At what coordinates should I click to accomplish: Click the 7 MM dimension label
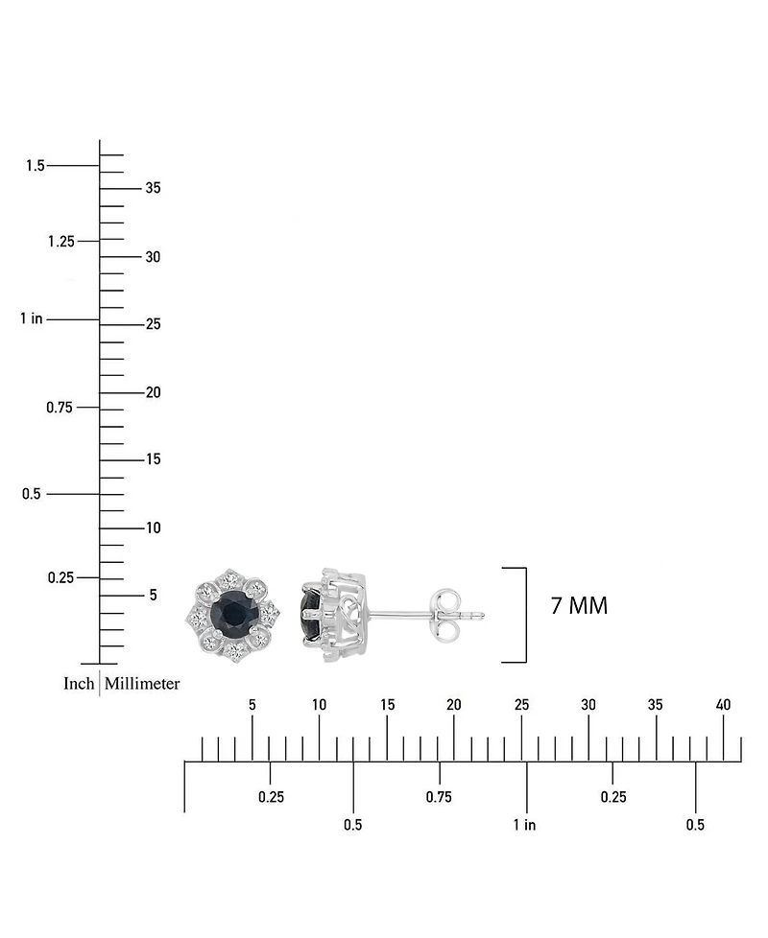[579, 606]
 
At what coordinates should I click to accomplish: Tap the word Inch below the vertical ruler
[79, 684]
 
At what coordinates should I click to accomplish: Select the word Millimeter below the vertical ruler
[142, 684]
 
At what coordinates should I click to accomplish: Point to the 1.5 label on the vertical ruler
[35, 166]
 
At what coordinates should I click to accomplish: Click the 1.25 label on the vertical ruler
[60, 241]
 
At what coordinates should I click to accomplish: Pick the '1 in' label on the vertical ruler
[32, 318]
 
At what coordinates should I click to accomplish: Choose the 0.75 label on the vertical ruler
[60, 408]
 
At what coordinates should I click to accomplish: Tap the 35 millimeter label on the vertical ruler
[153, 188]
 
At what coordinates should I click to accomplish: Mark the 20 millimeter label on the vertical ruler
[153, 392]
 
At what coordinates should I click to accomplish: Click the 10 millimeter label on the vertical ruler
[153, 528]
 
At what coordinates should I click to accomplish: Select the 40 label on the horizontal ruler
[723, 705]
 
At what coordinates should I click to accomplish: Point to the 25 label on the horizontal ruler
[521, 705]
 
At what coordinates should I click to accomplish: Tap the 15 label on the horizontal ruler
[387, 705]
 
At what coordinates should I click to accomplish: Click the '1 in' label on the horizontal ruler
[524, 825]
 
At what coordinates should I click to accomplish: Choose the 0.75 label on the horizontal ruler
[439, 797]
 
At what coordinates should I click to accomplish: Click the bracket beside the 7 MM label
[523, 615]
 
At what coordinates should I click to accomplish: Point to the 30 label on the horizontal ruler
[588, 705]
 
